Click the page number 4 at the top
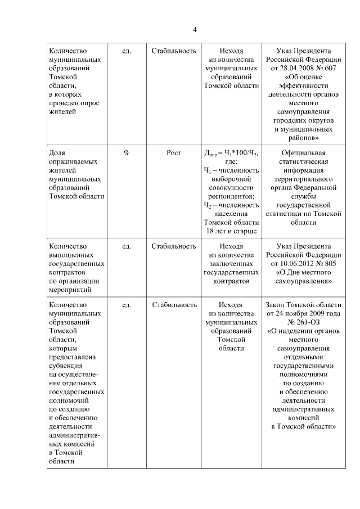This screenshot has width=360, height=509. pyautogui.click(x=195, y=30)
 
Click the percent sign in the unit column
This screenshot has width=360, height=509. pyautogui.click(x=127, y=153)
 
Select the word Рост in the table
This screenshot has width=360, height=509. pyautogui.click(x=174, y=153)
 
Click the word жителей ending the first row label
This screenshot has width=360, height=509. pyautogui.click(x=62, y=112)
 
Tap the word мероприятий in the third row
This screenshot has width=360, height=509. pyautogui.click(x=70, y=290)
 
